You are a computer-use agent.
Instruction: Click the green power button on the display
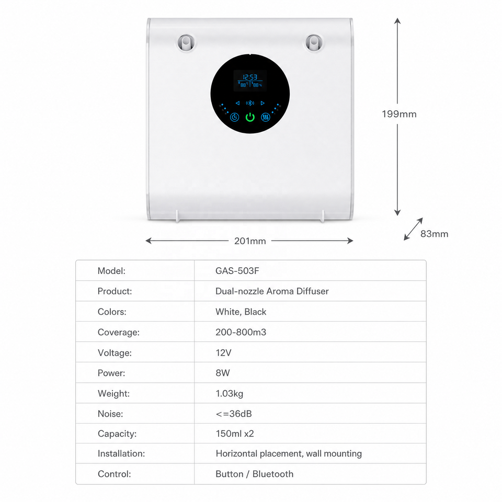coord(250,117)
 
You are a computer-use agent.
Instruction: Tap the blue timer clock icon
coord(234,117)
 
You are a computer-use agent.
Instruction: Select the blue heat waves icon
coord(266,117)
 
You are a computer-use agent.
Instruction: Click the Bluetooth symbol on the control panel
coord(250,103)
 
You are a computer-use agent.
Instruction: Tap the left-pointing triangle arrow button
coord(237,103)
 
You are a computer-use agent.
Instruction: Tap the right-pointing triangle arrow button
coord(263,103)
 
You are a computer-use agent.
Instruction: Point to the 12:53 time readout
coord(250,77)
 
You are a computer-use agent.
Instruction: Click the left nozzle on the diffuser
coord(186,43)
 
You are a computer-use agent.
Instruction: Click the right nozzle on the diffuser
coord(314,43)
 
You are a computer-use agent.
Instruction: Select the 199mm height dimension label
coord(399,114)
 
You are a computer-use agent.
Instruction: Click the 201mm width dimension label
coord(250,241)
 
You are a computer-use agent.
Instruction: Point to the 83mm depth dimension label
coord(434,234)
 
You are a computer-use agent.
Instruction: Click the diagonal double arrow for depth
coord(413,229)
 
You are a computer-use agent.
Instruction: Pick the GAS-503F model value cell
coord(237,271)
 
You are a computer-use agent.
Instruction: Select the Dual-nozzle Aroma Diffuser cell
coord(272,291)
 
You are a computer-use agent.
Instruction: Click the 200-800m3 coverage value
coord(241,332)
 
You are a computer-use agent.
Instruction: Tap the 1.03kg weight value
coord(230,393)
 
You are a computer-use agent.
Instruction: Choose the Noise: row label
coord(110,414)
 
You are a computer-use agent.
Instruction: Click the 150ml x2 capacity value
coord(235,433)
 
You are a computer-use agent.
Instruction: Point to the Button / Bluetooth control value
coord(255,474)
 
